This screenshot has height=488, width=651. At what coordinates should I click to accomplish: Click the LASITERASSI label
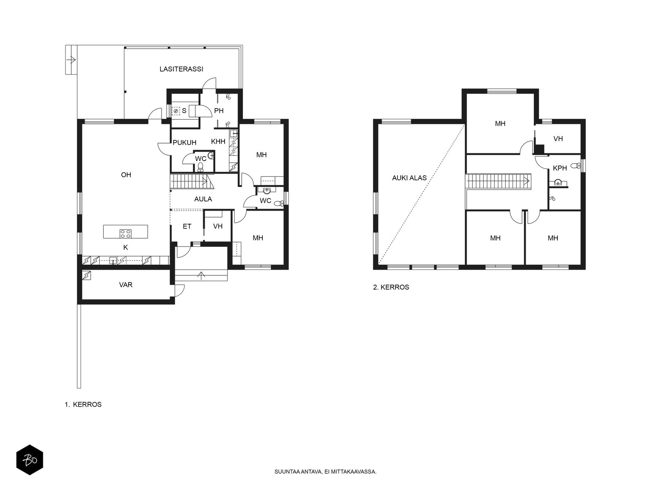coord(181,69)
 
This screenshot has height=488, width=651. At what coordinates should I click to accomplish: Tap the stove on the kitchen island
coord(125,233)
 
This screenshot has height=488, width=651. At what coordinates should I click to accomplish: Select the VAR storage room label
coord(125,285)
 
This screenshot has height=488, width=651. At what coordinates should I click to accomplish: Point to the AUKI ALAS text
coord(409,178)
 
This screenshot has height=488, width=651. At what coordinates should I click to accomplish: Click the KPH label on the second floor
coord(559,168)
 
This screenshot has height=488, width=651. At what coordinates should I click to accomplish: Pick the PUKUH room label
coord(184,142)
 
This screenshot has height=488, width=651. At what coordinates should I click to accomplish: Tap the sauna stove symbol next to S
coord(176,111)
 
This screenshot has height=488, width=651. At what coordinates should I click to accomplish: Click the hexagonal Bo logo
coord(30,460)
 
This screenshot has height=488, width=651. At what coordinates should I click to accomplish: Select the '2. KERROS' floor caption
coord(391,287)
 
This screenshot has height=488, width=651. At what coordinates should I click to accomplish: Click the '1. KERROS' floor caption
coord(83,405)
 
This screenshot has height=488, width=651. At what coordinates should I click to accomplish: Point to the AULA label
coord(203,199)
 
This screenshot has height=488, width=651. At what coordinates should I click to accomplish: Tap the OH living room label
coord(126,175)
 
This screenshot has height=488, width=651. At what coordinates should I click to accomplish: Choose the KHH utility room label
coord(218,142)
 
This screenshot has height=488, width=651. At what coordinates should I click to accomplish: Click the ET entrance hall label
coord(187,227)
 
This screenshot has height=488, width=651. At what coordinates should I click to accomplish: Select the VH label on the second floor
coord(558,139)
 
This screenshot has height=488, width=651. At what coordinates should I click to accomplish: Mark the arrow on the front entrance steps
coord(201,276)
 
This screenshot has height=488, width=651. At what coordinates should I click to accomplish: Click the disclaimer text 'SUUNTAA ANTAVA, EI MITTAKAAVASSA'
coord(325,472)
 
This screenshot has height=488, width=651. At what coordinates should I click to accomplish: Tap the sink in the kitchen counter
coord(113,261)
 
